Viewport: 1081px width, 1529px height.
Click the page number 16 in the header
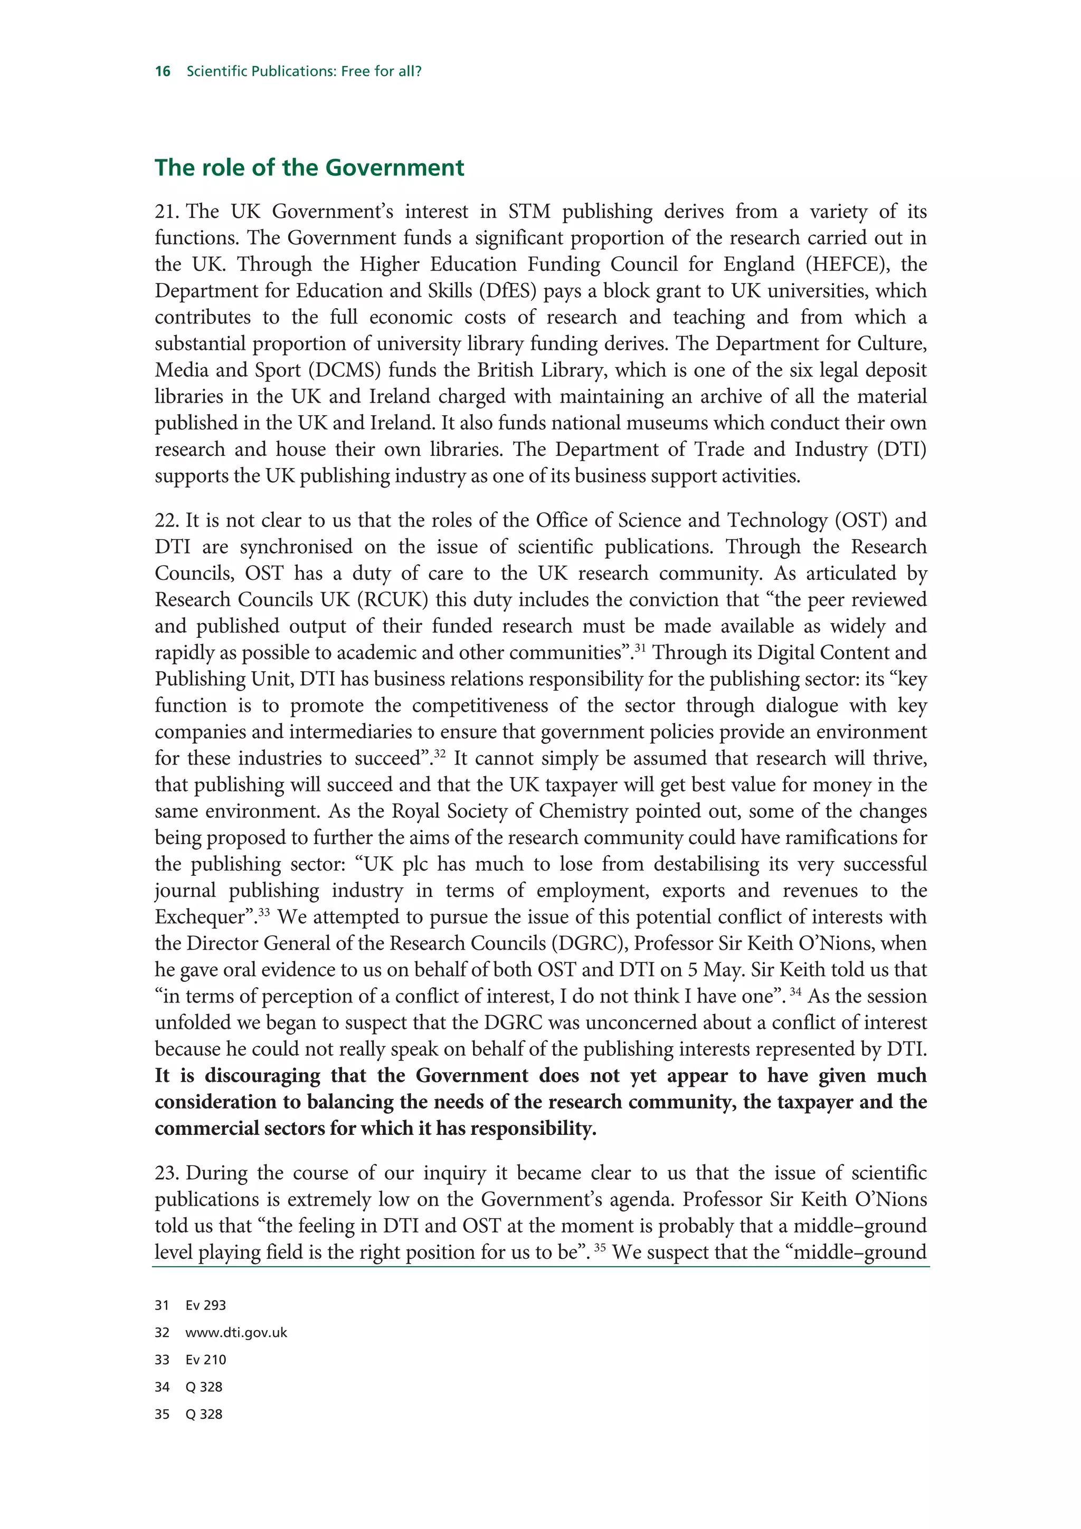163,72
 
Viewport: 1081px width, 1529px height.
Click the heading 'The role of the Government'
309,168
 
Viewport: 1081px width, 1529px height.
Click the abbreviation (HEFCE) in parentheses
847,264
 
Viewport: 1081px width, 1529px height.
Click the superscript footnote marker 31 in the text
640,648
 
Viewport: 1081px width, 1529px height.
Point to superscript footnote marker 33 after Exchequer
264,912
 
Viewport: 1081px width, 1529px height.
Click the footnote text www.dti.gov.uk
236,1333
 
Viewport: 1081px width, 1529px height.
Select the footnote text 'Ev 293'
206,1305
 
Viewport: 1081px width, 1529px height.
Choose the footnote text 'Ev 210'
206,1360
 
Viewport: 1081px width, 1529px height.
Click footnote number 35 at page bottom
162,1415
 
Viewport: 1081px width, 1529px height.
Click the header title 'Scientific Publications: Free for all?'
304,72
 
